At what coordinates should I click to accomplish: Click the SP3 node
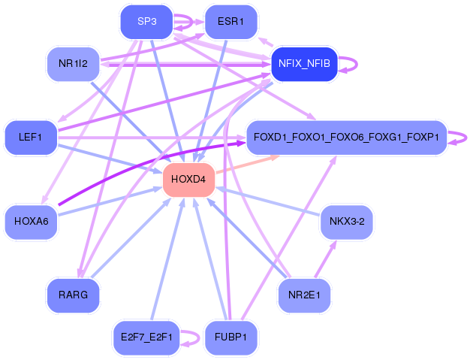click(146, 22)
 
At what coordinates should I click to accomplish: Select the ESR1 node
click(231, 22)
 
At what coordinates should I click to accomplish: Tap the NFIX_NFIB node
click(303, 63)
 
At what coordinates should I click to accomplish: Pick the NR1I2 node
click(73, 63)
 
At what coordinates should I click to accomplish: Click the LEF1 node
click(31, 138)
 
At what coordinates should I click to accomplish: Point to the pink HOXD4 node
click(189, 179)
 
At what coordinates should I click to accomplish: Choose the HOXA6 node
click(31, 222)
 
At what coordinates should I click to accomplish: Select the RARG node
click(73, 295)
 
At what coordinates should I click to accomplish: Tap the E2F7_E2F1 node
click(146, 337)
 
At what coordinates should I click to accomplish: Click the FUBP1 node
click(231, 337)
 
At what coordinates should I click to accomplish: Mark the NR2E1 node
click(303, 295)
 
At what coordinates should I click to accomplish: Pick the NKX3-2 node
click(346, 222)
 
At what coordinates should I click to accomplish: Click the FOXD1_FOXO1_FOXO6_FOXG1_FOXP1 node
click(346, 138)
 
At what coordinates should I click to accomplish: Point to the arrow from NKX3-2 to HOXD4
click(270, 201)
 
